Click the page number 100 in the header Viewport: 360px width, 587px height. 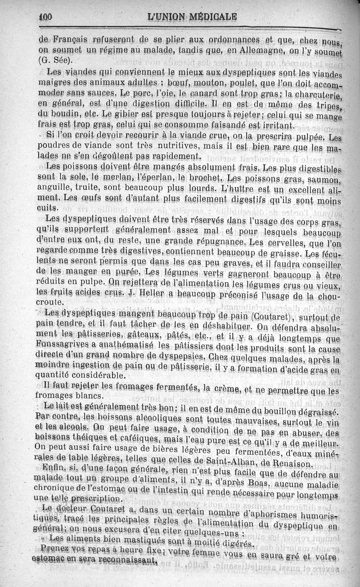pos(46,17)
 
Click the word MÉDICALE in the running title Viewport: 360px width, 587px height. pos(210,18)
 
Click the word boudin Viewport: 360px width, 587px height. pos(56,114)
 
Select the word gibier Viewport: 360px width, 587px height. pos(135,114)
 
